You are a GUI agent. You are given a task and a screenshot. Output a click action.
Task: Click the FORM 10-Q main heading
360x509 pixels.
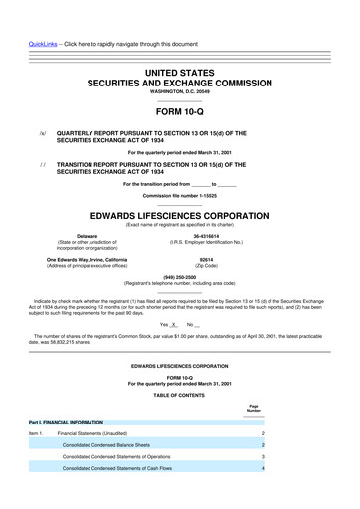180,111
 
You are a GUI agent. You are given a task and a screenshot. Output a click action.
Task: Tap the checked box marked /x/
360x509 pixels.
42,132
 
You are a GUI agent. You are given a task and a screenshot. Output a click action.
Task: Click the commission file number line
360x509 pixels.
180,195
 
